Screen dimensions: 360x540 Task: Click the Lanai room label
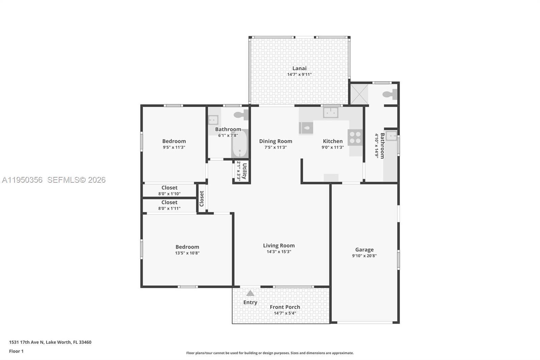tap(299, 68)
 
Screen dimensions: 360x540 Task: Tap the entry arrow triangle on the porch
tap(250, 293)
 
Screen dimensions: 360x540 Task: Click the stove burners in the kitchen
tap(355, 137)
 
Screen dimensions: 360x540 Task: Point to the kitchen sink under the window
tap(330, 112)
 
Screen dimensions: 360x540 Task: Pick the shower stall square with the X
tap(359, 94)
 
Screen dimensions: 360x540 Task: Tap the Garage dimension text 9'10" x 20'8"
tap(364, 256)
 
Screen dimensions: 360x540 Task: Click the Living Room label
tap(279, 246)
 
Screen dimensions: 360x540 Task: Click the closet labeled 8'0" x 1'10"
tap(169, 190)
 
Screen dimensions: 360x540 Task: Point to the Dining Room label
tap(275, 141)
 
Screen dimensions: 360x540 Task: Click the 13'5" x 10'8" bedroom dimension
tap(187, 253)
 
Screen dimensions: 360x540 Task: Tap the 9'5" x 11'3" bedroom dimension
tap(174, 147)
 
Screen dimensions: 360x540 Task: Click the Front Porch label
tap(285, 307)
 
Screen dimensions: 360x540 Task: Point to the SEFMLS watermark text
tap(76, 180)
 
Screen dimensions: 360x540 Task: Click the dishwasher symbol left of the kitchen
tap(306, 128)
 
